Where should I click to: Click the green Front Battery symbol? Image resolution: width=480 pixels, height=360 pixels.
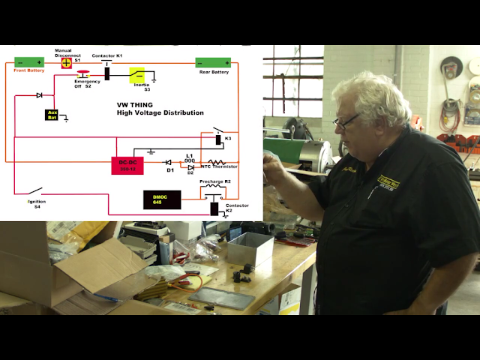pyautogui.click(x=29, y=62)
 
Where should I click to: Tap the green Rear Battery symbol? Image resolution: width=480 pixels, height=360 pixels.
pyautogui.click(x=213, y=63)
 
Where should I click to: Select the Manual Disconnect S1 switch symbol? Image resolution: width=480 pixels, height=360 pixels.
pyautogui.click(x=66, y=62)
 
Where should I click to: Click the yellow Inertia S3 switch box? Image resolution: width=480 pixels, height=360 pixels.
pyautogui.click(x=137, y=74)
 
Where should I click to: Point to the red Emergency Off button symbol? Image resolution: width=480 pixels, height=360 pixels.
pyautogui.click(x=83, y=73)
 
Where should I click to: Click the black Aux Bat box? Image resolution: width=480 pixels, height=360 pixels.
pyautogui.click(x=52, y=115)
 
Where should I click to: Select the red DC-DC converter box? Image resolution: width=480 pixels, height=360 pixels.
pyautogui.click(x=127, y=165)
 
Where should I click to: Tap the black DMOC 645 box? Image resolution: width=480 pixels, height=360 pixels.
pyautogui.click(x=162, y=199)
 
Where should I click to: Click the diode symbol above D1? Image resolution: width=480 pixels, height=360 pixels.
pyautogui.click(x=168, y=162)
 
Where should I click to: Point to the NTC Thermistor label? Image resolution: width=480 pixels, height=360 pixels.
pyautogui.click(x=220, y=167)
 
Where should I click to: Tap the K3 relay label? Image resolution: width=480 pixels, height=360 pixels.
pyautogui.click(x=228, y=139)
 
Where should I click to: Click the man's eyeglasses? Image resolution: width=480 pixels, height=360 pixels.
pyautogui.click(x=346, y=120)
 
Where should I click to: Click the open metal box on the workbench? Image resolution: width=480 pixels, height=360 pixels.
pyautogui.click(x=250, y=248)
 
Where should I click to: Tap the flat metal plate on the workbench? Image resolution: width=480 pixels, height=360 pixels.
pyautogui.click(x=222, y=298)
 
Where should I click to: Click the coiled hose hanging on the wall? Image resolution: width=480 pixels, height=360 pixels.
pyautogui.click(x=450, y=112)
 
